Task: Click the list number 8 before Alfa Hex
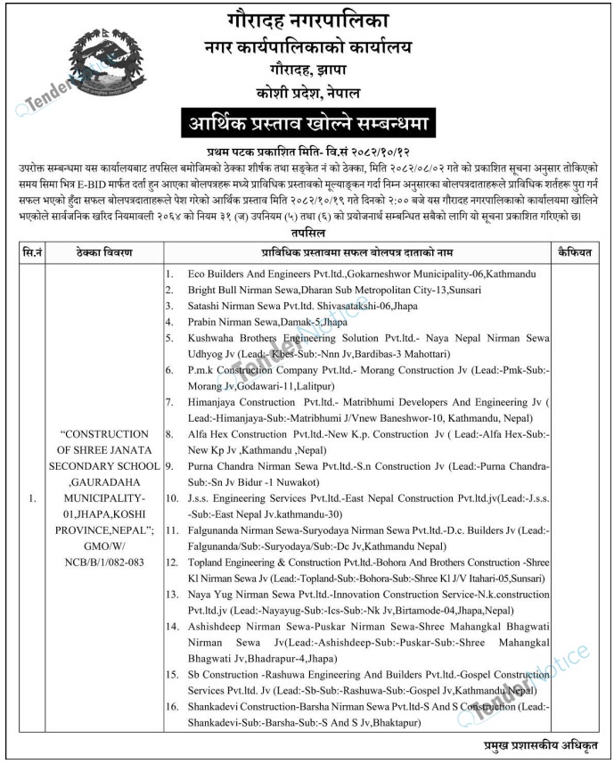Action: click(x=169, y=434)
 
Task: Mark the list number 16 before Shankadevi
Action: click(x=171, y=708)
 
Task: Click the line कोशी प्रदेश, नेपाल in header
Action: click(x=307, y=92)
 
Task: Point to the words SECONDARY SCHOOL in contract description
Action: click(x=104, y=464)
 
